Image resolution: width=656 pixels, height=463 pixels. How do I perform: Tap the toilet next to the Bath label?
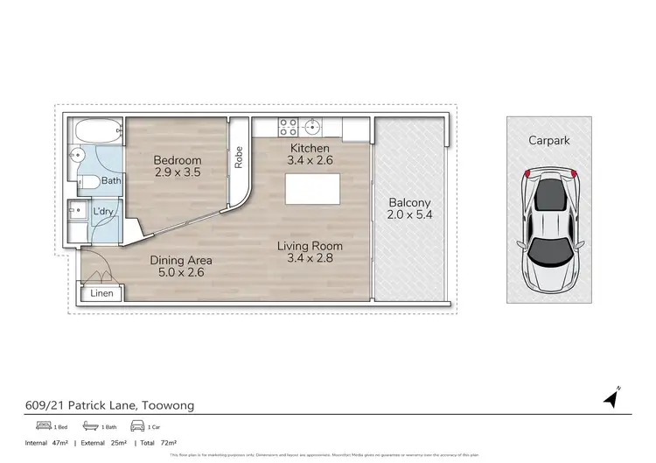tap(87, 182)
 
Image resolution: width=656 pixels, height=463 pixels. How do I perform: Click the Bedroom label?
tap(178, 160)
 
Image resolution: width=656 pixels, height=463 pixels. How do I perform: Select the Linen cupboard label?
tap(101, 294)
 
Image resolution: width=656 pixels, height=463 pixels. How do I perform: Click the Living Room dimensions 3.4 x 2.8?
tap(310, 260)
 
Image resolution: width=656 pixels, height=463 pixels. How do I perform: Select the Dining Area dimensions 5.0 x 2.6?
tap(181, 274)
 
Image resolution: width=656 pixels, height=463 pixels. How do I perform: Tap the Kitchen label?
tap(310, 148)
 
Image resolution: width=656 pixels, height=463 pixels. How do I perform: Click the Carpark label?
tap(548, 139)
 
